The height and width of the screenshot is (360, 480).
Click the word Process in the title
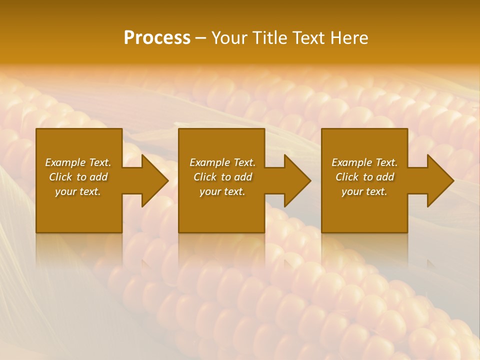coord(157,38)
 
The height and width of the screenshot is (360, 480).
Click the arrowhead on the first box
coord(153,180)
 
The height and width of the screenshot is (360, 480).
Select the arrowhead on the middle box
coord(295,180)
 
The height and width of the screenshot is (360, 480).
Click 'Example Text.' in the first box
coord(78,162)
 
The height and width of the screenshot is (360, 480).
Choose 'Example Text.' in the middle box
coord(222,162)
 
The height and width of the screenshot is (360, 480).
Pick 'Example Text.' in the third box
coord(364,162)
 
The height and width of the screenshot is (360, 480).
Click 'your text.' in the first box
coord(78,191)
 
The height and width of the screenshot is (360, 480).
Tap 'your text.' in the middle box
coord(222,191)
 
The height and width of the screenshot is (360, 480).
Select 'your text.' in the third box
coord(364,191)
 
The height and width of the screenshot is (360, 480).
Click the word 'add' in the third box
coord(385,177)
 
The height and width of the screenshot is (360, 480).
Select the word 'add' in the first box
coord(98,177)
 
